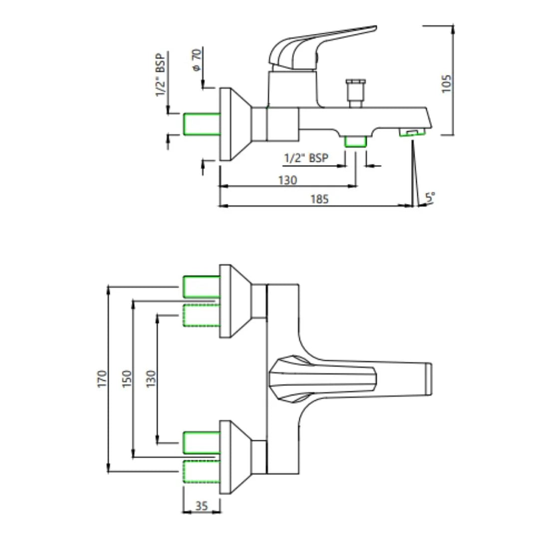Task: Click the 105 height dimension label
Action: [x=446, y=83]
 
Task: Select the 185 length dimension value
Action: [x=319, y=199]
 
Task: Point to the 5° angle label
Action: [x=430, y=197]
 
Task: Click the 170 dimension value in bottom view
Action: [x=102, y=379]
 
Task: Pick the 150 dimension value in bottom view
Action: [x=127, y=379]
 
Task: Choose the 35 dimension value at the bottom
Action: [x=202, y=506]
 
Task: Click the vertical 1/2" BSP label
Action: [x=160, y=75]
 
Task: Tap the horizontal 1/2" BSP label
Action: [x=306, y=158]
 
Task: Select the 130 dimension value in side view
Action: [x=287, y=180]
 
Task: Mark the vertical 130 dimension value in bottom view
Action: [x=151, y=379]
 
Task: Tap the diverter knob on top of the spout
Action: [x=355, y=93]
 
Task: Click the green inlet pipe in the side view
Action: [x=202, y=124]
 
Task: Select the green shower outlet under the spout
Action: [x=355, y=141]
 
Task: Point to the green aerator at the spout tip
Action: [x=412, y=132]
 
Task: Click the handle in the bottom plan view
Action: [x=322, y=379]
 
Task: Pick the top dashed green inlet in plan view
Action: [x=202, y=315]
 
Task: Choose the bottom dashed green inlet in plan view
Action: [x=202, y=471]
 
